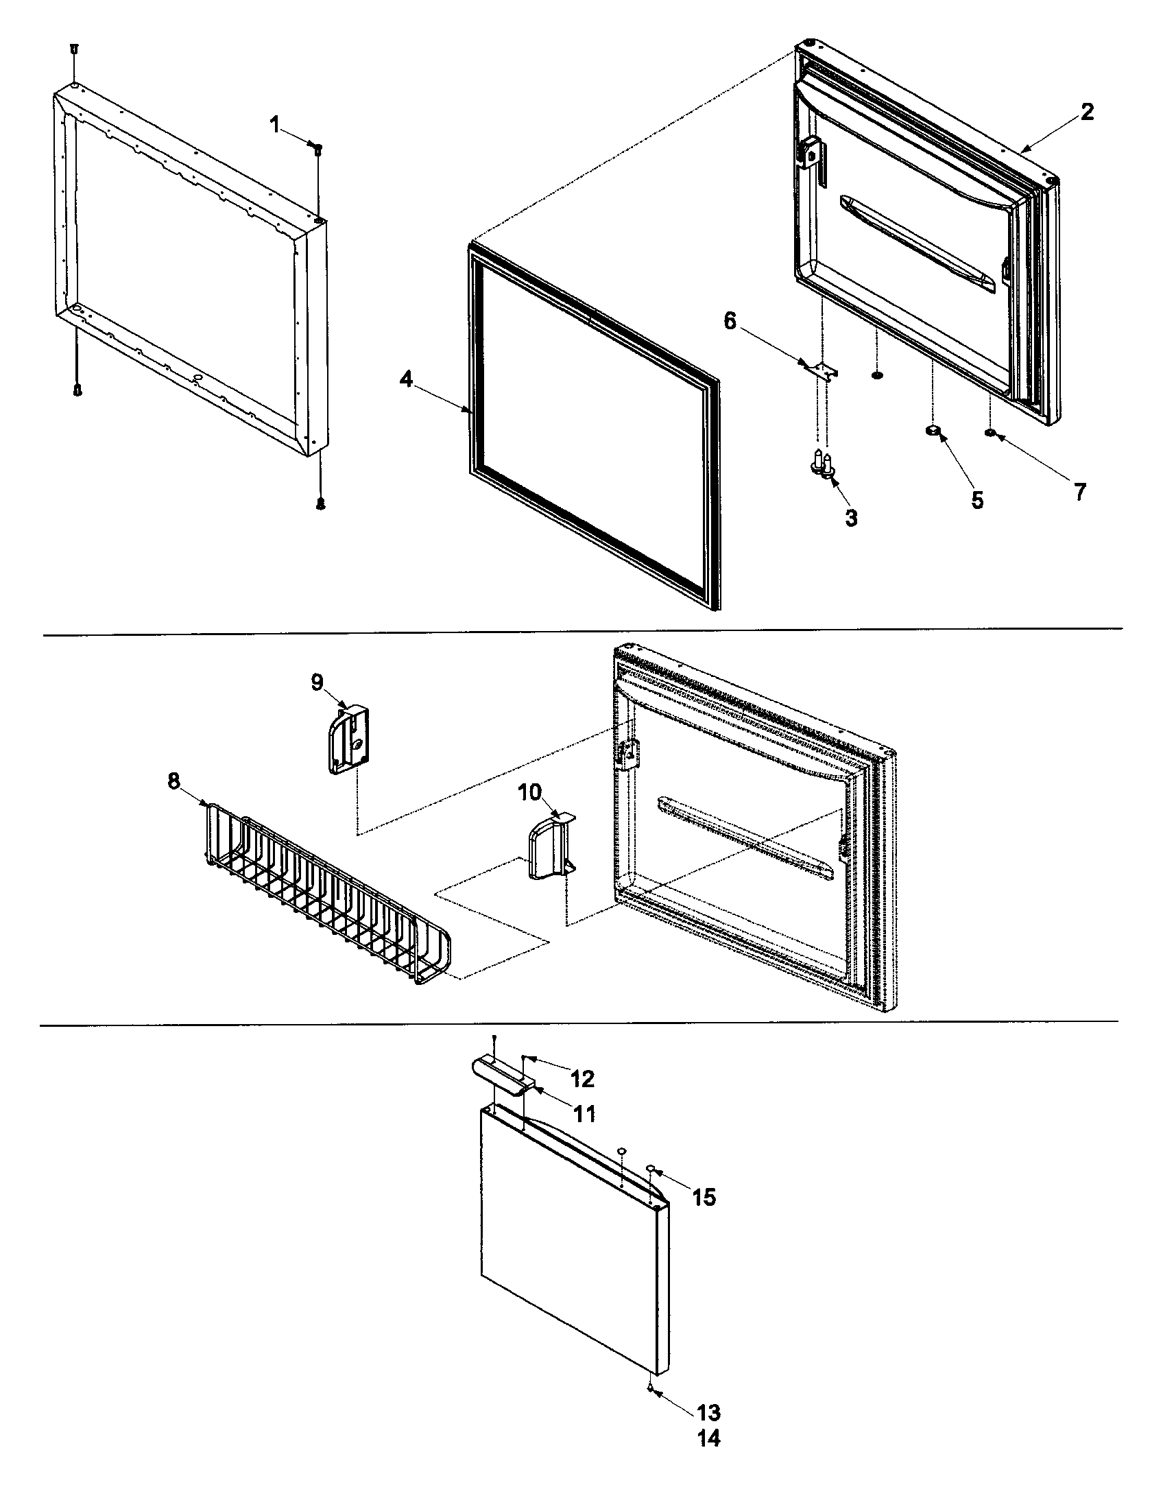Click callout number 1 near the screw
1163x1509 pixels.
[x=275, y=125]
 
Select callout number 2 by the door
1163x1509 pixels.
[x=1087, y=112]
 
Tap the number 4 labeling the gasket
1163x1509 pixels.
[x=407, y=379]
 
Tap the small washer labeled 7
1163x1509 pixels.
[x=990, y=433]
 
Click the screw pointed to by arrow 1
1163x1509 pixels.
[x=317, y=147]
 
